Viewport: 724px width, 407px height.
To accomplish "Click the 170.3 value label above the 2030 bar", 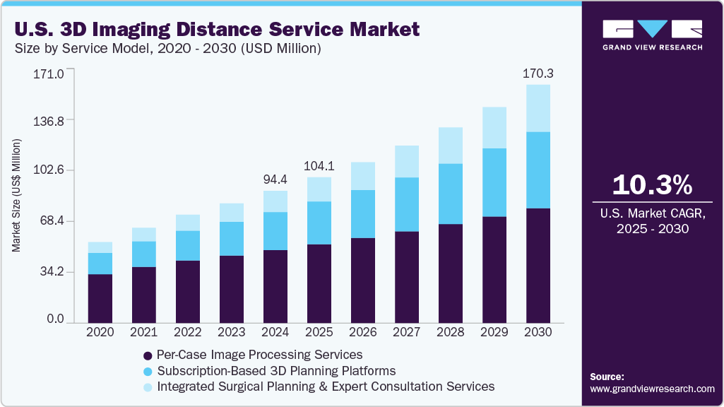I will click(538, 73).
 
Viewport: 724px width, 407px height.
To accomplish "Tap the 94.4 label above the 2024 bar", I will click(275, 179).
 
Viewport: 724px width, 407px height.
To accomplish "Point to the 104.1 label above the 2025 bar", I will click(319, 166).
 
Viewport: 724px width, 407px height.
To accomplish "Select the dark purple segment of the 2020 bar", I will click(100, 298).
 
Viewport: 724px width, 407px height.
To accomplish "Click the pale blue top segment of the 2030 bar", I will click(538, 108).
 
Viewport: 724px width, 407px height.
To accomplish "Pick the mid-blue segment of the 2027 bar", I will click(406, 204).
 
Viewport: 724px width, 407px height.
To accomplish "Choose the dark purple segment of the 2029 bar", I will click(494, 269).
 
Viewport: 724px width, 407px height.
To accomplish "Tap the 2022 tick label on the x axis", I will click(187, 332).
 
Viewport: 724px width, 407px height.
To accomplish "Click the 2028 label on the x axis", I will click(450, 332).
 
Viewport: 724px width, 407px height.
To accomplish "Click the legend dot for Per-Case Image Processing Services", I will click(148, 355).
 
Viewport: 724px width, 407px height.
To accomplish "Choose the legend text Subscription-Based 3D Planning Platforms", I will click(276, 371).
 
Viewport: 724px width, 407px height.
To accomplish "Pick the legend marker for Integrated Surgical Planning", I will click(148, 387).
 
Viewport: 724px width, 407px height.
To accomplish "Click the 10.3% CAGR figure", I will click(652, 185).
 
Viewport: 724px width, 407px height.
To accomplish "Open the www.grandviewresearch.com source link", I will click(652, 389).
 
